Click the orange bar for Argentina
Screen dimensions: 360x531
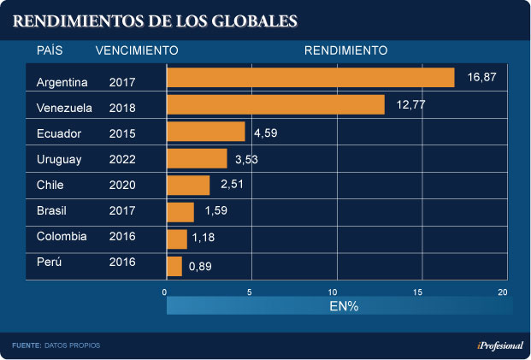pos(310,78)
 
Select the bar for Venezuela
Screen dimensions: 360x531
pos(275,105)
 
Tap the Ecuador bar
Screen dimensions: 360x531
pos(205,132)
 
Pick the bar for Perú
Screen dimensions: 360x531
pos(174,266)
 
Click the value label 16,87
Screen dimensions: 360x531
pos(481,77)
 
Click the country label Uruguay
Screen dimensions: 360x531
pos(59,159)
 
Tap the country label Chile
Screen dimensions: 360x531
pos(51,185)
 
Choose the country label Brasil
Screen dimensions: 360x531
pos(53,210)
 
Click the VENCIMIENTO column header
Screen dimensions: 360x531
pos(137,50)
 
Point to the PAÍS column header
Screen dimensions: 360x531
pos(50,50)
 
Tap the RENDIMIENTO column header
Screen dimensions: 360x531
pos(345,50)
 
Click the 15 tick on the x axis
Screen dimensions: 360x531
pos(419,292)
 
